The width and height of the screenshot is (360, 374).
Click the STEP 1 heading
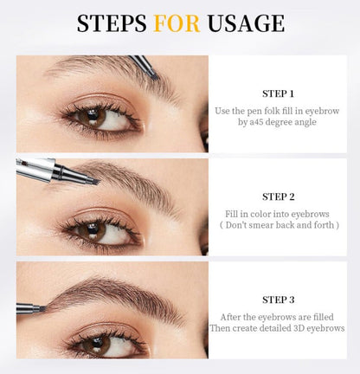click(278, 93)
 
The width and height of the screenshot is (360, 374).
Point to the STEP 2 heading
click(278, 197)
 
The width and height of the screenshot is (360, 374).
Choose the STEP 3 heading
click(278, 299)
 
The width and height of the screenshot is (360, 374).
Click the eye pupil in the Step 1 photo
click(89, 118)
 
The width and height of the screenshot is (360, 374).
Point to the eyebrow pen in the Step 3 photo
click(30, 306)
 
